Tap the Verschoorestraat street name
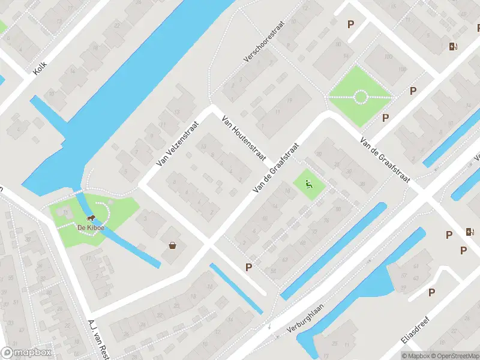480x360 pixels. point(263,43)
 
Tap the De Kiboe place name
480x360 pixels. point(88,227)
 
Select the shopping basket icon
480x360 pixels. point(173,245)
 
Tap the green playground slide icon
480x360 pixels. point(309,184)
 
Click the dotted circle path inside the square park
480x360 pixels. point(360,97)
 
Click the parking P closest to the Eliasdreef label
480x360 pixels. point(431,292)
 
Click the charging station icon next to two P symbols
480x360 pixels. point(469,232)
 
